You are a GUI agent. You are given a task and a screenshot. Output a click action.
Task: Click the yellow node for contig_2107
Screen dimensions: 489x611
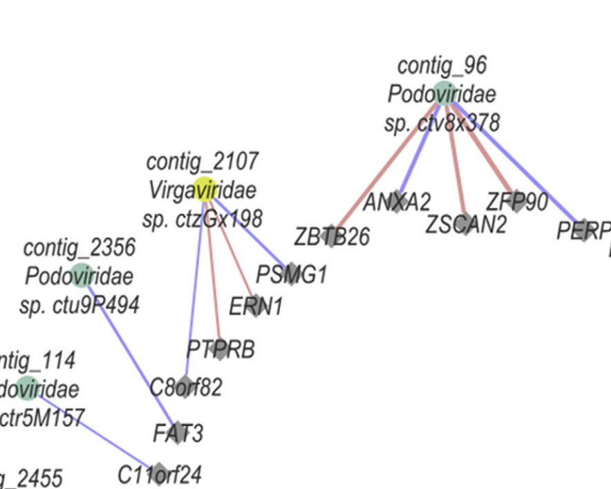pos(205,189)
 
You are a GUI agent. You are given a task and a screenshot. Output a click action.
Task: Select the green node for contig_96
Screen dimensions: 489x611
pos(444,93)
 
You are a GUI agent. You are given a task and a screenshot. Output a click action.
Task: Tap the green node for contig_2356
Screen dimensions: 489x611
pos(82,275)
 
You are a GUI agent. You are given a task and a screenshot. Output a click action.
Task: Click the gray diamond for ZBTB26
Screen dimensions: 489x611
pos(330,235)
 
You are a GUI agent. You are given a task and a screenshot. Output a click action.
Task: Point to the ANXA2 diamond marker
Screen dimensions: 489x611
pos(396,201)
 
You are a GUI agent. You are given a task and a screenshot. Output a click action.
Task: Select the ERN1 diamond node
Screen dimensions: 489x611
pos(255,305)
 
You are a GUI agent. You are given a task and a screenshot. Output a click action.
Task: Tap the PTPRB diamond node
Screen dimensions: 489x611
pos(220,349)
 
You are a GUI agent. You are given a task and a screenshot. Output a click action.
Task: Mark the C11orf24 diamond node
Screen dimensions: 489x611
pos(159,474)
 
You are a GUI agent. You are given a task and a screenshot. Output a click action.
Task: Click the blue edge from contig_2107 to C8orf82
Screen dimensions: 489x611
pos(196,283)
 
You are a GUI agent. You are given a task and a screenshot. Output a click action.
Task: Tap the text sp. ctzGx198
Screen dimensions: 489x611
pos(203,219)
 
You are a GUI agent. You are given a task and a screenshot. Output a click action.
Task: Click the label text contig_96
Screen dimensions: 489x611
pos(442,66)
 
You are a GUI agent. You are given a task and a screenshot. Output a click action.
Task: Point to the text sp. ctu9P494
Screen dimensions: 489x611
pos(79,305)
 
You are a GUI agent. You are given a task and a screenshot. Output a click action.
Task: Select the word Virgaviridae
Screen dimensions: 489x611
pos(202,189)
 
